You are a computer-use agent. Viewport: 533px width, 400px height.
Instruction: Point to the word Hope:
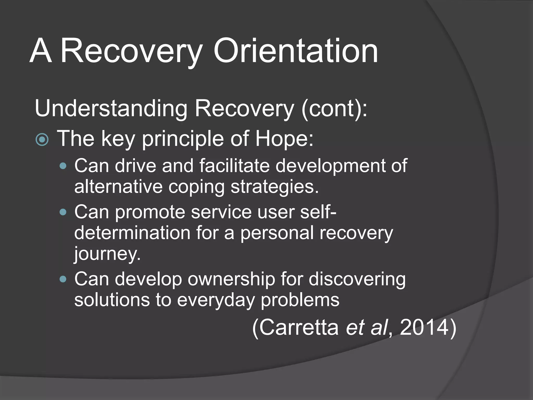[284, 139]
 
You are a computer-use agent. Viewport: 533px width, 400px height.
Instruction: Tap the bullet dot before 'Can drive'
[63, 166]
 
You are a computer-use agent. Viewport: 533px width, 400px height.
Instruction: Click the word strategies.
[275, 187]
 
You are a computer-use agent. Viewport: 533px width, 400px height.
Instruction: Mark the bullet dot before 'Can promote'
[63, 212]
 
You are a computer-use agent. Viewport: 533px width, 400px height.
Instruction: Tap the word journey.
[107, 254]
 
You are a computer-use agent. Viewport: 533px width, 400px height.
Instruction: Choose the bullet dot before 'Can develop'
[63, 279]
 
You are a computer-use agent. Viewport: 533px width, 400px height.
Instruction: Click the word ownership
[231, 279]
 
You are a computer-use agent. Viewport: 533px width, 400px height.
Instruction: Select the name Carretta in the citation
[296, 328]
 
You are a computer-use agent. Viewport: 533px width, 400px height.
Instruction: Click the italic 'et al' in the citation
[367, 328]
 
